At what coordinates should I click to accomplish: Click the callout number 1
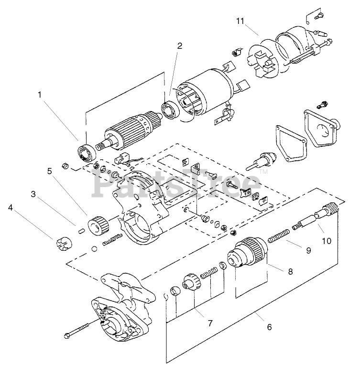click(x=40, y=95)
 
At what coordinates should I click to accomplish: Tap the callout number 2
click(x=179, y=45)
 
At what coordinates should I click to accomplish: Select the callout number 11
click(x=240, y=21)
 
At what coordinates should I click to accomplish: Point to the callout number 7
click(x=210, y=323)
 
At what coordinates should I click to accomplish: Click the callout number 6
click(x=269, y=327)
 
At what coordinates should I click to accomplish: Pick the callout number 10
click(x=327, y=241)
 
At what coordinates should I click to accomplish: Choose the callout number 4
click(x=11, y=207)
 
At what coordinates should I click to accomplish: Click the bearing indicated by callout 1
click(x=87, y=153)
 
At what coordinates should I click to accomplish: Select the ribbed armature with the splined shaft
click(x=128, y=132)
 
